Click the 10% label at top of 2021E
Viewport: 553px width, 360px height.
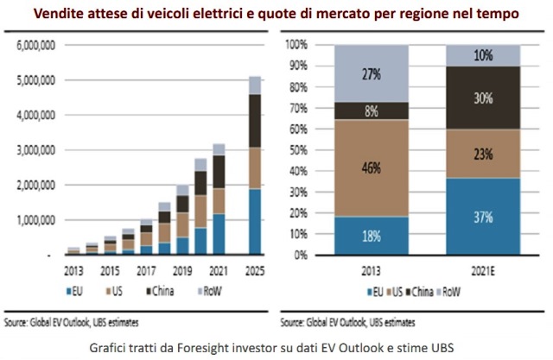[x=481, y=55]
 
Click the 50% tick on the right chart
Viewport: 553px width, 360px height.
[x=298, y=149]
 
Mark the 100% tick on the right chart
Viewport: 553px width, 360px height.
[x=296, y=43]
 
